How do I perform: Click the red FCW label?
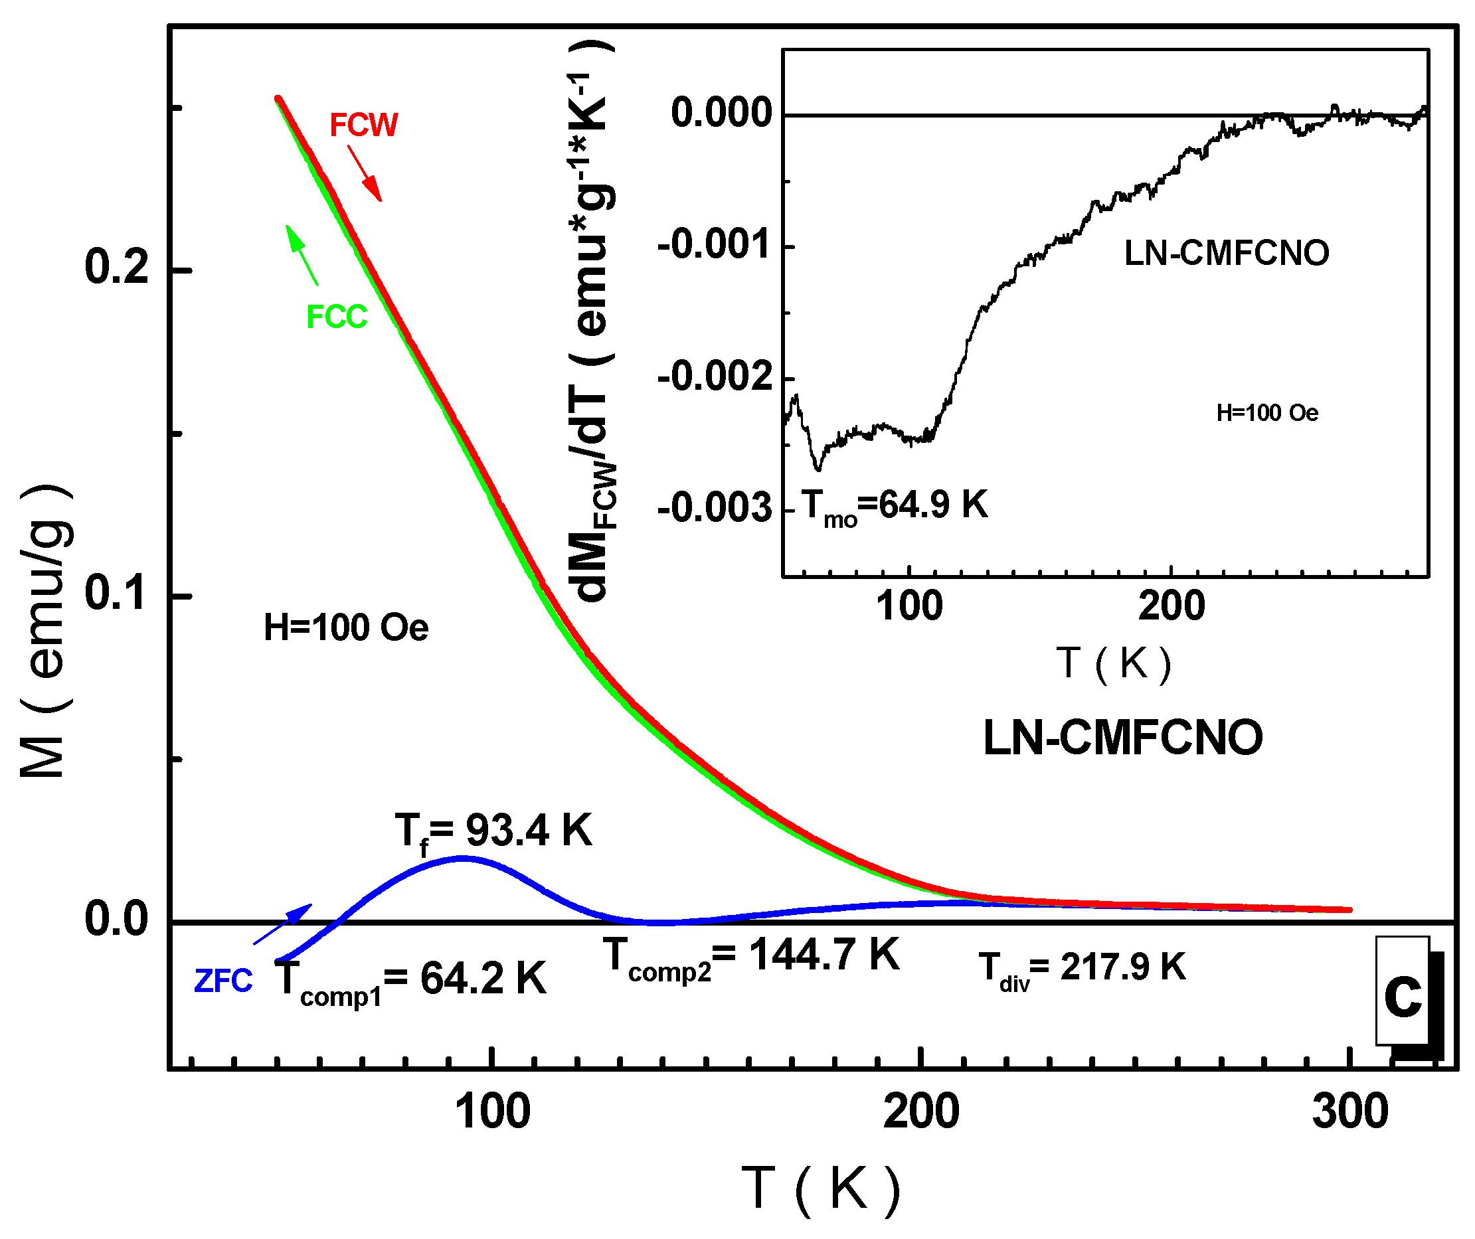(363, 125)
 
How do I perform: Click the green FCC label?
(337, 317)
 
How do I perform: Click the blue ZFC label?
(223, 982)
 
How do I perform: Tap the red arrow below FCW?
(365, 173)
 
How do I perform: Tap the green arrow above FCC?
(302, 255)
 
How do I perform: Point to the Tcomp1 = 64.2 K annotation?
(410, 981)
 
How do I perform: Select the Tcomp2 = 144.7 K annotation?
(752, 957)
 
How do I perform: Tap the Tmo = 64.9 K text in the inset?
(894, 507)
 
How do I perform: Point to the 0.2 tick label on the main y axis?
(117, 268)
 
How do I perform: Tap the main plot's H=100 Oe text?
(345, 628)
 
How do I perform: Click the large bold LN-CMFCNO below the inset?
(1122, 739)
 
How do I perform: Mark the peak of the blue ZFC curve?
(463, 858)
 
